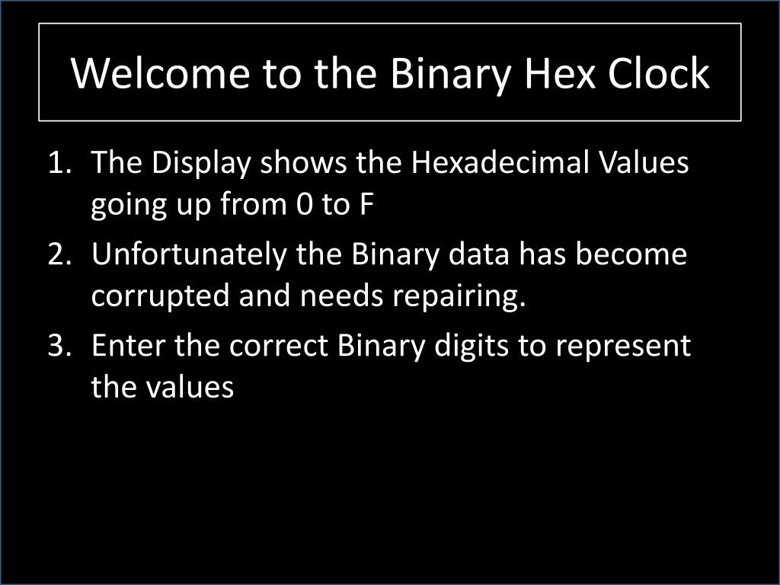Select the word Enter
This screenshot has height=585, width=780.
(129, 346)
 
